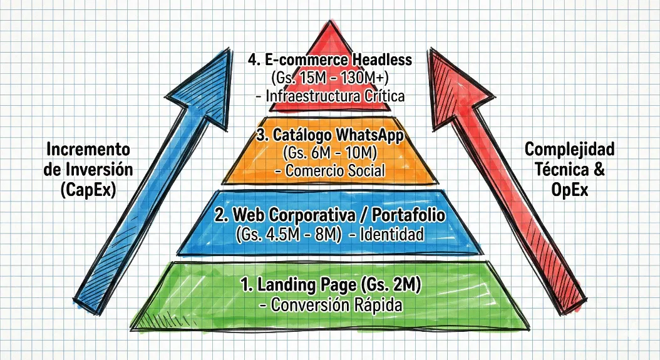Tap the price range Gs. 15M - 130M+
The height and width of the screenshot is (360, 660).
[x=329, y=79]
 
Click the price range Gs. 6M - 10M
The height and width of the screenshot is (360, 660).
[x=330, y=153]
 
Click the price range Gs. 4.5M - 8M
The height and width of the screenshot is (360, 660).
[x=289, y=234]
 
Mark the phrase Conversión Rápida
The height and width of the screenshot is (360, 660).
[x=329, y=305]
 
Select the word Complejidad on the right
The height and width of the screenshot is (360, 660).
[x=569, y=150]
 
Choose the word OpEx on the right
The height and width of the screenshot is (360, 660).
[x=569, y=192]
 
